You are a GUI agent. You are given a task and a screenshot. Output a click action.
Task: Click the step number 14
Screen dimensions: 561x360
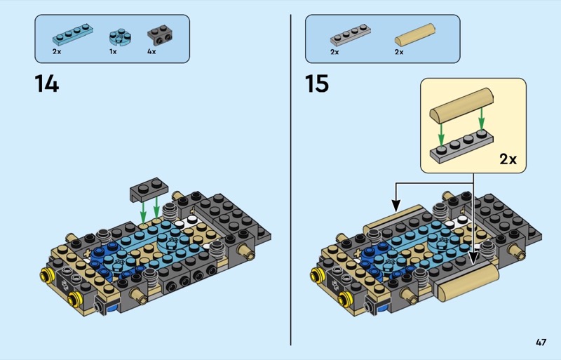46,84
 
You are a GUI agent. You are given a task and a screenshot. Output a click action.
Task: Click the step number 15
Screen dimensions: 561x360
317,84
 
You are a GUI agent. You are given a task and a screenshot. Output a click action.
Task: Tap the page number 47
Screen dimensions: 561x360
541,342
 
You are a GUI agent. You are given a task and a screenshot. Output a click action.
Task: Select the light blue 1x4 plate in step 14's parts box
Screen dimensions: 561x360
73,34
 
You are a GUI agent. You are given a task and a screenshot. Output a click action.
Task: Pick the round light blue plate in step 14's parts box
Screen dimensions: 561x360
120,38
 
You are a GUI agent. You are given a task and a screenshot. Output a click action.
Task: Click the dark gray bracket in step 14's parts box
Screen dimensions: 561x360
160,35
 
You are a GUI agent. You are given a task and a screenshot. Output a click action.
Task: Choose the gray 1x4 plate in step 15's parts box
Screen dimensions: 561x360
350,35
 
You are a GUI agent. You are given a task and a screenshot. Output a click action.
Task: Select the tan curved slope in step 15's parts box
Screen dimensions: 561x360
415,35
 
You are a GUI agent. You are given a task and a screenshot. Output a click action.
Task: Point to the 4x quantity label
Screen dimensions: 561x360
151,52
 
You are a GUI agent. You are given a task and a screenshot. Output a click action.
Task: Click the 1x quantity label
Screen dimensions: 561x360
113,52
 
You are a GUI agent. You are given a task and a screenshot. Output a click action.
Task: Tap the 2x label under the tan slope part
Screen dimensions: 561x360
399,52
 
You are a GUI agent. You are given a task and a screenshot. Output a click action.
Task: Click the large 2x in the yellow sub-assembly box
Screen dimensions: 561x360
508,159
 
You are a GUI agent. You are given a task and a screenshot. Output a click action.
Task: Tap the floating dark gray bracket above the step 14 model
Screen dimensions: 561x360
149,189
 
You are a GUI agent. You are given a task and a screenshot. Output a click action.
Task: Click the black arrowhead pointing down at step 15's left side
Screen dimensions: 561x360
396,206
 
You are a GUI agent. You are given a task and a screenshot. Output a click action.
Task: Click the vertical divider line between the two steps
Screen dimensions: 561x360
290,180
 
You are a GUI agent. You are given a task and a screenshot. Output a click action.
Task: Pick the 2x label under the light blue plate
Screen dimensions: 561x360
57,52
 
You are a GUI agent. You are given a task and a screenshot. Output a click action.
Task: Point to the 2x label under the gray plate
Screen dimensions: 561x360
334,52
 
